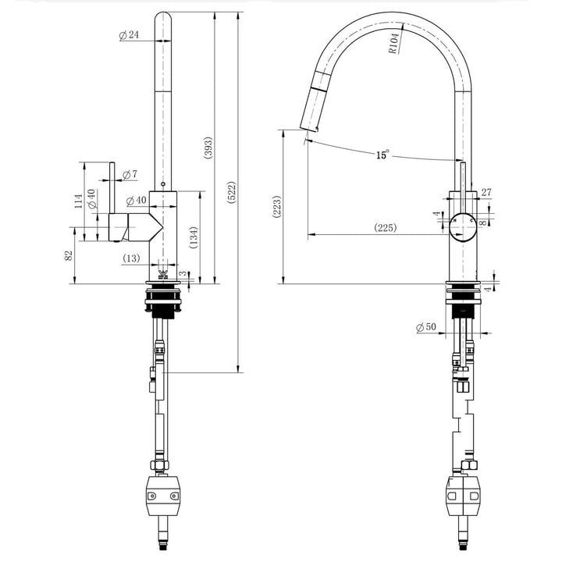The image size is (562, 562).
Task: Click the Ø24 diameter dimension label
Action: click(x=129, y=35)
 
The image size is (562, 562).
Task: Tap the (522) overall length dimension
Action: click(x=232, y=193)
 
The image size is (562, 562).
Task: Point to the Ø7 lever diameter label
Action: click(x=130, y=173)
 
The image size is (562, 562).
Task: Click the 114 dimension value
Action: click(x=77, y=201)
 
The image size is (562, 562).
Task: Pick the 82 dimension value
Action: click(x=69, y=255)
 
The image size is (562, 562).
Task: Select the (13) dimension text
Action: click(x=132, y=258)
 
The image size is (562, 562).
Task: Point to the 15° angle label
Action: click(x=382, y=155)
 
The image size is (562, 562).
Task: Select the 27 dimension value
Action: click(x=487, y=192)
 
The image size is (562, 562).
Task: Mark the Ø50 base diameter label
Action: click(x=426, y=326)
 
